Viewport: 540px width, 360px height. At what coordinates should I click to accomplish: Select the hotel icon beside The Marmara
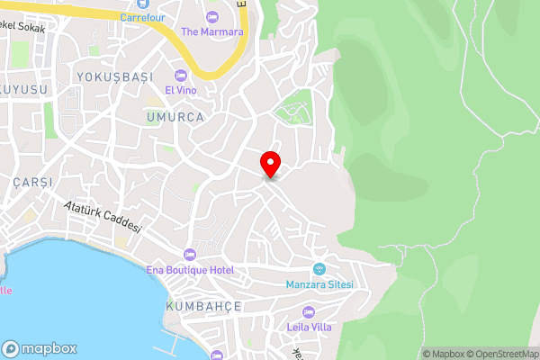tap(212, 17)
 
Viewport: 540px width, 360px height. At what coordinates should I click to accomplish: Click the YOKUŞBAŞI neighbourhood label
tap(115, 76)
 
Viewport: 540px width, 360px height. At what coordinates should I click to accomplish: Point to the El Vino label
tap(180, 91)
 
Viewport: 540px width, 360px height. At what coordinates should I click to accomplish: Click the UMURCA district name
tap(176, 117)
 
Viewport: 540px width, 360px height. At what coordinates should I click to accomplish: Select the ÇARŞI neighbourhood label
tap(33, 182)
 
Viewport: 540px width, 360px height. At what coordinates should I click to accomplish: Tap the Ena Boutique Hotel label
tap(190, 270)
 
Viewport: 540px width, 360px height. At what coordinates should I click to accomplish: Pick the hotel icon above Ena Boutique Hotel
tap(189, 255)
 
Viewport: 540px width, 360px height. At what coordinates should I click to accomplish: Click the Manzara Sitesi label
tap(319, 284)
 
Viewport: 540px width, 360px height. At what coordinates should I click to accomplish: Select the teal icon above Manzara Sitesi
tap(319, 269)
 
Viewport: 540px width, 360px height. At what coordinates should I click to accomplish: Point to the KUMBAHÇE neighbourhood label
tap(203, 306)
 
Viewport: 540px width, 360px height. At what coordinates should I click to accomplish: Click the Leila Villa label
tap(310, 327)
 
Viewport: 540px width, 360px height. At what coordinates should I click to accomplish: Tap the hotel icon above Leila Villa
tap(310, 311)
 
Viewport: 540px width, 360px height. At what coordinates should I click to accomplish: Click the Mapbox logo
tap(40, 348)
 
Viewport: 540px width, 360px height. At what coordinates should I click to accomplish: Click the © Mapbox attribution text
tap(443, 354)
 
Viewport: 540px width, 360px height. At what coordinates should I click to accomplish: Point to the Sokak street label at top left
tap(25, 28)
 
